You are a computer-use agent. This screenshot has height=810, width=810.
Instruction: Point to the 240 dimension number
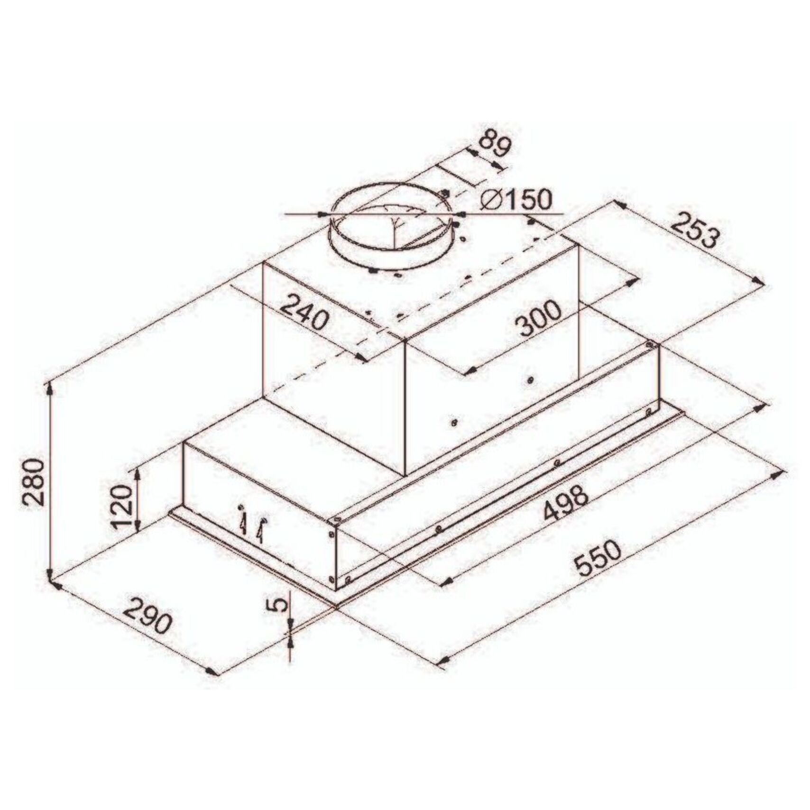point(304,313)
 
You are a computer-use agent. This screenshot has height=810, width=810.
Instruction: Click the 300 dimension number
point(538,319)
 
